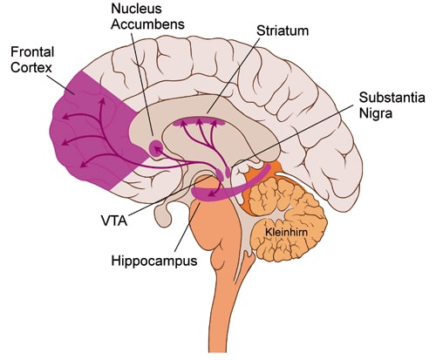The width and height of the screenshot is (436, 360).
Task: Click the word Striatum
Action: click(x=283, y=31)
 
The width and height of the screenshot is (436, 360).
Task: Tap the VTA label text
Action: click(x=114, y=221)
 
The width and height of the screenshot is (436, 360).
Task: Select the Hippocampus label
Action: click(x=154, y=262)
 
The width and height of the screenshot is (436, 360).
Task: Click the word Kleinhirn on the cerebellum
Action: click(x=287, y=233)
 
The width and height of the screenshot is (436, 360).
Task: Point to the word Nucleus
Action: click(x=136, y=9)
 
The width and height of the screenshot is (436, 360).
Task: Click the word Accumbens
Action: click(x=147, y=24)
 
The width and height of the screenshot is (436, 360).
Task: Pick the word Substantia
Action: click(x=392, y=98)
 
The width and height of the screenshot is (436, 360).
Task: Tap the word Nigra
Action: click(x=376, y=113)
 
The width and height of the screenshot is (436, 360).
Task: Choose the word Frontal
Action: click(x=32, y=52)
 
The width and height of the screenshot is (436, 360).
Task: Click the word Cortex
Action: click(x=31, y=68)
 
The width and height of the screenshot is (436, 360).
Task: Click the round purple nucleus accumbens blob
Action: click(x=155, y=148)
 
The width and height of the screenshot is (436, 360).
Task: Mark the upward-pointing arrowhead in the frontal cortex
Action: click(x=102, y=101)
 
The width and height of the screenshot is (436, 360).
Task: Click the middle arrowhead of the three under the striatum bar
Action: click(x=199, y=121)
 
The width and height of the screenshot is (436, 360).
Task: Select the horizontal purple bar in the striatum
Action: click(x=199, y=123)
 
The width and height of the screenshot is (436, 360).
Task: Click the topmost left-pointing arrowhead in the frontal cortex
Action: click(x=66, y=117)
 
